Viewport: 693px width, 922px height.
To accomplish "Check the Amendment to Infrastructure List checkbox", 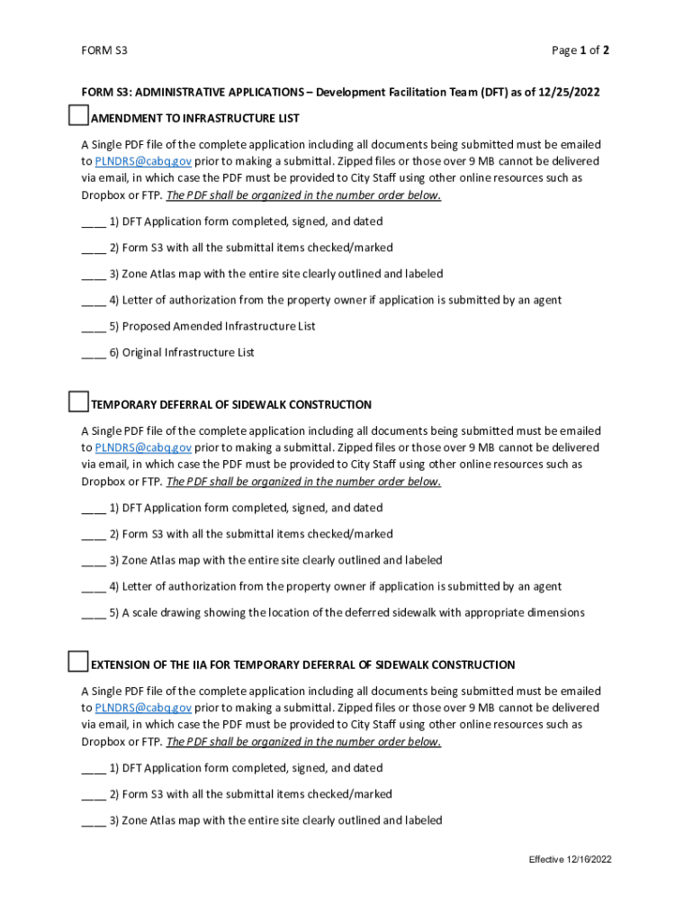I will [x=78, y=114].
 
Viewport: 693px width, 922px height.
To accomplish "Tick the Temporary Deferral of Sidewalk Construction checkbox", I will [x=78, y=402].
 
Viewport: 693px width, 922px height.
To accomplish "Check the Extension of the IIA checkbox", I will [x=78, y=662].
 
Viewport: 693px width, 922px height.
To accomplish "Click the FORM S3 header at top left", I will [x=103, y=50].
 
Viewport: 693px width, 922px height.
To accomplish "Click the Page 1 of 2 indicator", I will [x=580, y=50].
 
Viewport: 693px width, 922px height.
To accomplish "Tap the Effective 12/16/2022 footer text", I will [x=570, y=860].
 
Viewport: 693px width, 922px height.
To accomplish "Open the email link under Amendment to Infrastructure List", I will [x=143, y=161].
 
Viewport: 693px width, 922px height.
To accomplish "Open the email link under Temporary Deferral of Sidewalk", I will [x=143, y=447].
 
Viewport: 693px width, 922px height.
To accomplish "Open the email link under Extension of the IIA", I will [x=143, y=708].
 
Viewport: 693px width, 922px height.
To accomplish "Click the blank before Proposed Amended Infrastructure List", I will [x=94, y=327].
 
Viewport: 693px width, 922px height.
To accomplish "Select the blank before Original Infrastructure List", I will [x=94, y=353].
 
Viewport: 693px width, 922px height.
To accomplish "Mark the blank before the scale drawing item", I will [x=94, y=613].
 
